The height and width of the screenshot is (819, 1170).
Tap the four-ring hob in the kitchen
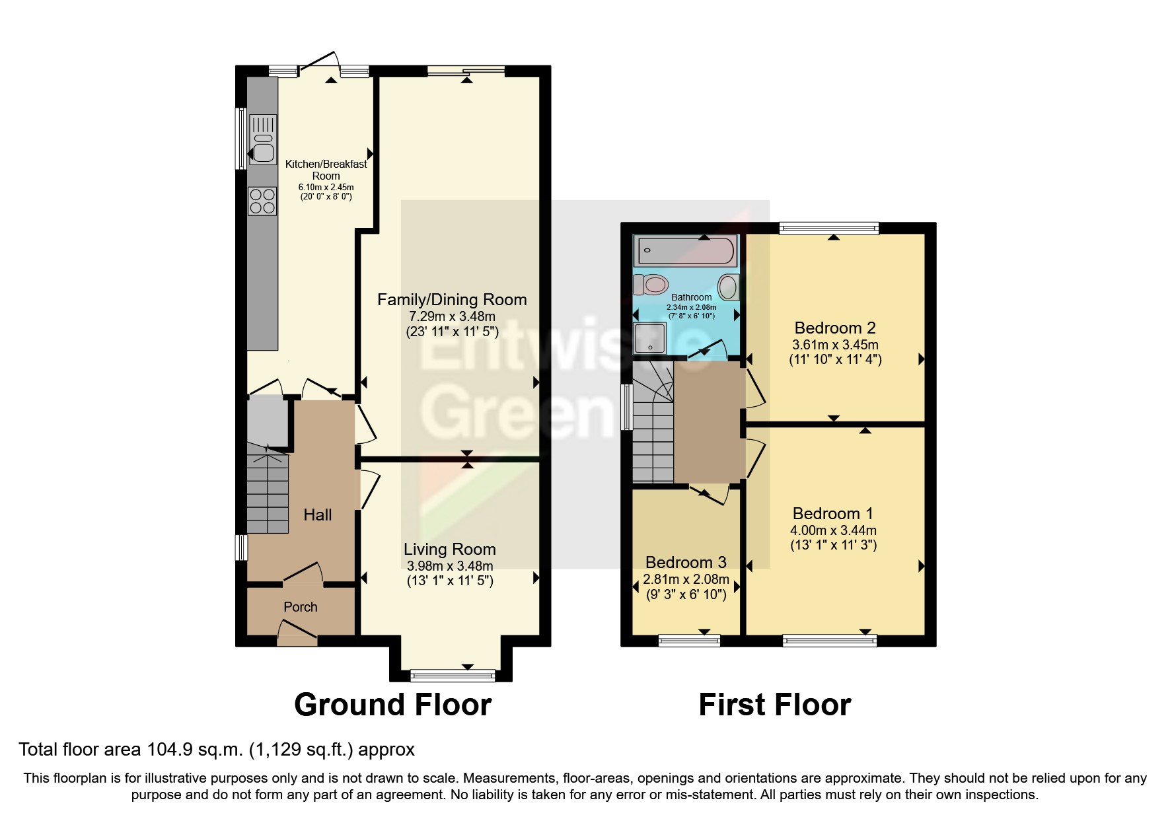[262, 201]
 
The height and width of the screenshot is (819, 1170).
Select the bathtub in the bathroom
[684, 250]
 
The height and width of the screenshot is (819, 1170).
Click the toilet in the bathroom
[650, 285]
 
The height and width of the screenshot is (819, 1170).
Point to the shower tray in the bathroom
[649, 338]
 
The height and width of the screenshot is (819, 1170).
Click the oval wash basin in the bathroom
[728, 287]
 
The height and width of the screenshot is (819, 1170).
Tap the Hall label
[317, 515]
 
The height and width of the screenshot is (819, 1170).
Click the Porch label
[300, 607]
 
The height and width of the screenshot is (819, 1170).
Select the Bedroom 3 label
[686, 562]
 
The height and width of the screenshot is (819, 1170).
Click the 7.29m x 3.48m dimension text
[452, 316]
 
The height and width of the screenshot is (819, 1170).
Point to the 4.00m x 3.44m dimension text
[833, 530]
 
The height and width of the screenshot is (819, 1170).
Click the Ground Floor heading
[392, 705]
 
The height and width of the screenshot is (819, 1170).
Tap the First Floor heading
[774, 705]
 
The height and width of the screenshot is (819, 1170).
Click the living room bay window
[453, 675]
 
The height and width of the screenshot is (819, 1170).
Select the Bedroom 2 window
[829, 229]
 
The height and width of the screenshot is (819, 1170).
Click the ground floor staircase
[268, 492]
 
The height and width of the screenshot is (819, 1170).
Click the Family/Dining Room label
[452, 300]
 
